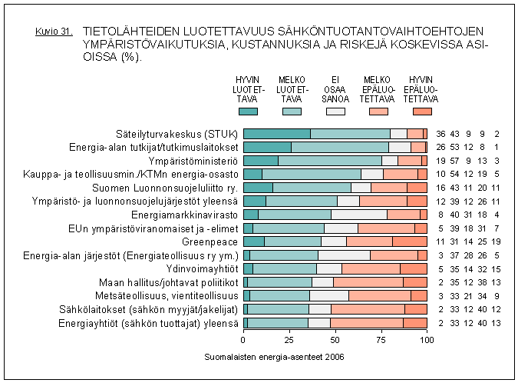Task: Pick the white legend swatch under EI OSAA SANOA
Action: [335, 112]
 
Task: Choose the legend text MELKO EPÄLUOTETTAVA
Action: [378, 88]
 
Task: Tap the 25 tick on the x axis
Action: [289, 338]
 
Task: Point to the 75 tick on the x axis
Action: [381, 338]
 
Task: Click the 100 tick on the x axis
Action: [427, 338]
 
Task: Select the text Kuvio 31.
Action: [54, 32]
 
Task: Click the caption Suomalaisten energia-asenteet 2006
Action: [275, 358]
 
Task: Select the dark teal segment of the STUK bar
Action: [276, 133]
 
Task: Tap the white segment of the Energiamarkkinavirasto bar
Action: [359, 215]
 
